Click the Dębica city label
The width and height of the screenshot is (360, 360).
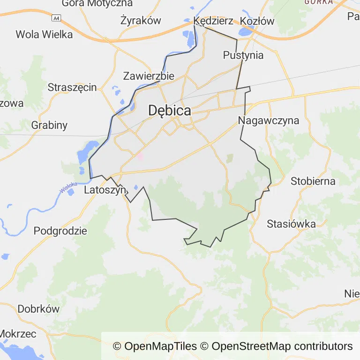click(170, 111)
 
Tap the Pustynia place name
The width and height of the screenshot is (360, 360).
click(243, 55)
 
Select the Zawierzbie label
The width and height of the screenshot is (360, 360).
click(149, 76)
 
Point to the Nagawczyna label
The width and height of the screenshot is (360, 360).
click(269, 120)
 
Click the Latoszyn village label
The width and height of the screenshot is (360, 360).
click(105, 190)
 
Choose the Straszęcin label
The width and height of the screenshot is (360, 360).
click(72, 87)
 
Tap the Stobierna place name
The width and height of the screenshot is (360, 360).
click(313, 181)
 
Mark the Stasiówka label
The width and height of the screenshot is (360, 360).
click(291, 224)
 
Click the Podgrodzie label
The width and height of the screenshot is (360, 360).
click(60, 231)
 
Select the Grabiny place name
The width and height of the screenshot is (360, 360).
click(49, 125)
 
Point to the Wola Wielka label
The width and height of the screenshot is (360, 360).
click(44, 34)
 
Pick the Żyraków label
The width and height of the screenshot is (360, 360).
click(141, 21)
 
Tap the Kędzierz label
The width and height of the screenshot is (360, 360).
click(213, 21)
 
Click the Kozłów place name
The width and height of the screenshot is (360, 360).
click(257, 21)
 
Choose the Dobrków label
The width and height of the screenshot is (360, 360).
click(38, 309)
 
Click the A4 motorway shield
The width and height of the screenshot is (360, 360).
click(56, 18)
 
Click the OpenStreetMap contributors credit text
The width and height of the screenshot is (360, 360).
click(282, 346)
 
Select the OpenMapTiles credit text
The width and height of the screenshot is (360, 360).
click(155, 346)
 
